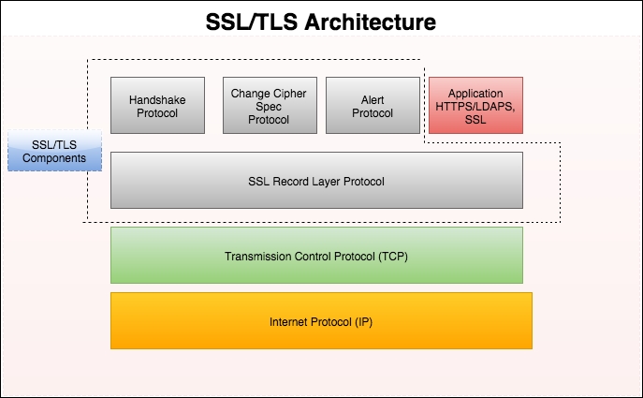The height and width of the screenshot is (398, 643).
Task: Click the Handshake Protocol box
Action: click(x=157, y=104)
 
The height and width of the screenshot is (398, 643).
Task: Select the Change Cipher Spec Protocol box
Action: click(x=270, y=104)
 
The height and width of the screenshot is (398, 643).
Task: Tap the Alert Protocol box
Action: click(x=373, y=104)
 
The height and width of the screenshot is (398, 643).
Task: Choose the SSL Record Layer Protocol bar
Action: click(x=315, y=180)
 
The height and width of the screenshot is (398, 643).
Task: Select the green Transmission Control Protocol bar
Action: click(x=315, y=255)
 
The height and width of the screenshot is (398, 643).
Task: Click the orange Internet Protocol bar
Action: click(x=320, y=320)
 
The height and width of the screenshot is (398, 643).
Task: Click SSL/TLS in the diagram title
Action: click(x=244, y=20)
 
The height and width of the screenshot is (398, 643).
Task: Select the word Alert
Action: click(x=373, y=99)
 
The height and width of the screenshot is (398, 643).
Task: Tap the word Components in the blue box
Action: click(x=54, y=158)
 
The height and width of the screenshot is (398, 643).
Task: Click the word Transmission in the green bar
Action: click(x=256, y=256)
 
